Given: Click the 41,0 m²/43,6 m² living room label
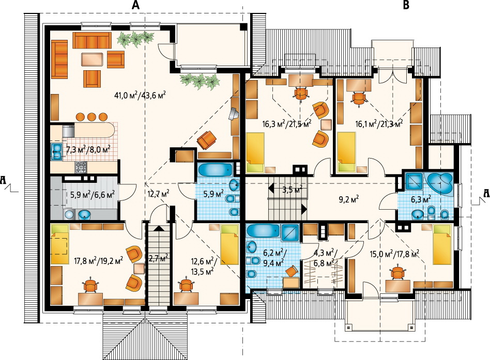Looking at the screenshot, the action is (x=140, y=95).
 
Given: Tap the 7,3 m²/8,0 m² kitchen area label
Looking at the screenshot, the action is (x=88, y=150).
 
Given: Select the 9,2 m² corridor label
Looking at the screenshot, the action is (x=349, y=199).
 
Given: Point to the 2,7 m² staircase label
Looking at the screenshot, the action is (x=158, y=258).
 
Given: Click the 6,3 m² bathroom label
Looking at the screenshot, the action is (x=422, y=199).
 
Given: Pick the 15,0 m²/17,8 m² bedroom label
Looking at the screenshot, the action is (x=394, y=255).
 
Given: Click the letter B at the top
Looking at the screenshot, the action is (x=406, y=5).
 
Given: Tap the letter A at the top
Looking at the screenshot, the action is (x=135, y=5).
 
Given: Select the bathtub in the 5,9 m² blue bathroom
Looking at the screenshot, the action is (x=216, y=170).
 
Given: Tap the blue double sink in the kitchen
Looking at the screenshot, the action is (x=56, y=151).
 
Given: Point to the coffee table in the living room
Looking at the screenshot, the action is (x=92, y=59).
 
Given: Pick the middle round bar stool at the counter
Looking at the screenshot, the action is (x=91, y=117).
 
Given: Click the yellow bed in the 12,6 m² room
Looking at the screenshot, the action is (x=229, y=245).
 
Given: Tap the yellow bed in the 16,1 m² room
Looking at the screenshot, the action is (x=346, y=152).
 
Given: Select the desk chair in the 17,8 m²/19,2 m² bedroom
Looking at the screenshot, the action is (x=90, y=285).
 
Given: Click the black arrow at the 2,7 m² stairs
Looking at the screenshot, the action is (x=159, y=228).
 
